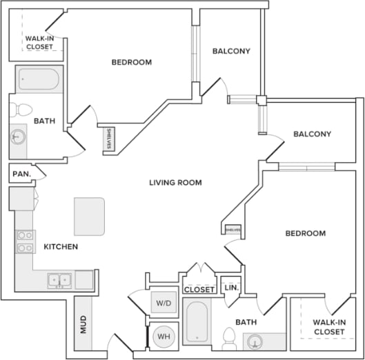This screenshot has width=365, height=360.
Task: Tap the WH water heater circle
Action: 164,336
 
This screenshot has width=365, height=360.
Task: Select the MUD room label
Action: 83,324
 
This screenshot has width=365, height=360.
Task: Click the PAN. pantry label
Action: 21,174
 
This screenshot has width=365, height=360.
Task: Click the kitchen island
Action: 90,216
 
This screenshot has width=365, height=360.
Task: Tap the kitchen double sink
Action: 59,279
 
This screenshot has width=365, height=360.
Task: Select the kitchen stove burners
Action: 26,241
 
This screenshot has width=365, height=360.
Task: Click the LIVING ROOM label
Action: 175,183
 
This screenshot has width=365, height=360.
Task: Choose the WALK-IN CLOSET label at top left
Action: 40,43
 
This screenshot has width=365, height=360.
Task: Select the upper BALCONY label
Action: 230,51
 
